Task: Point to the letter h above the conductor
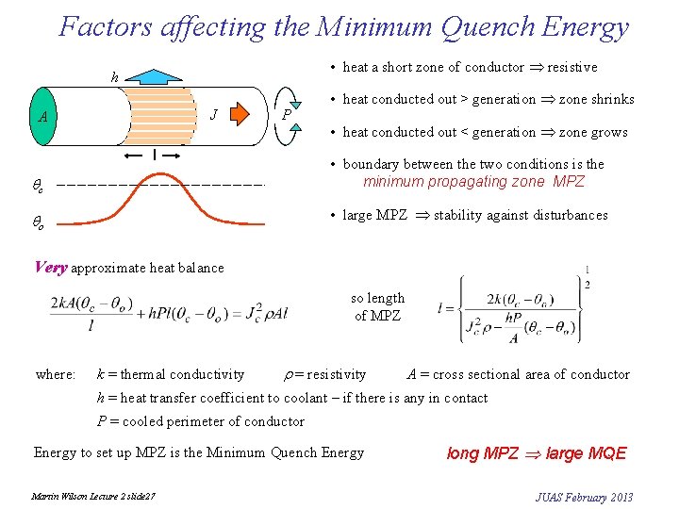click(115, 78)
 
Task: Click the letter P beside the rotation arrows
click(287, 115)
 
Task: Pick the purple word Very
click(50, 268)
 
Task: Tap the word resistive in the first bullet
click(572, 67)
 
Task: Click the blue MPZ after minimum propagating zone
click(567, 182)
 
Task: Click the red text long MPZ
click(483, 453)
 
